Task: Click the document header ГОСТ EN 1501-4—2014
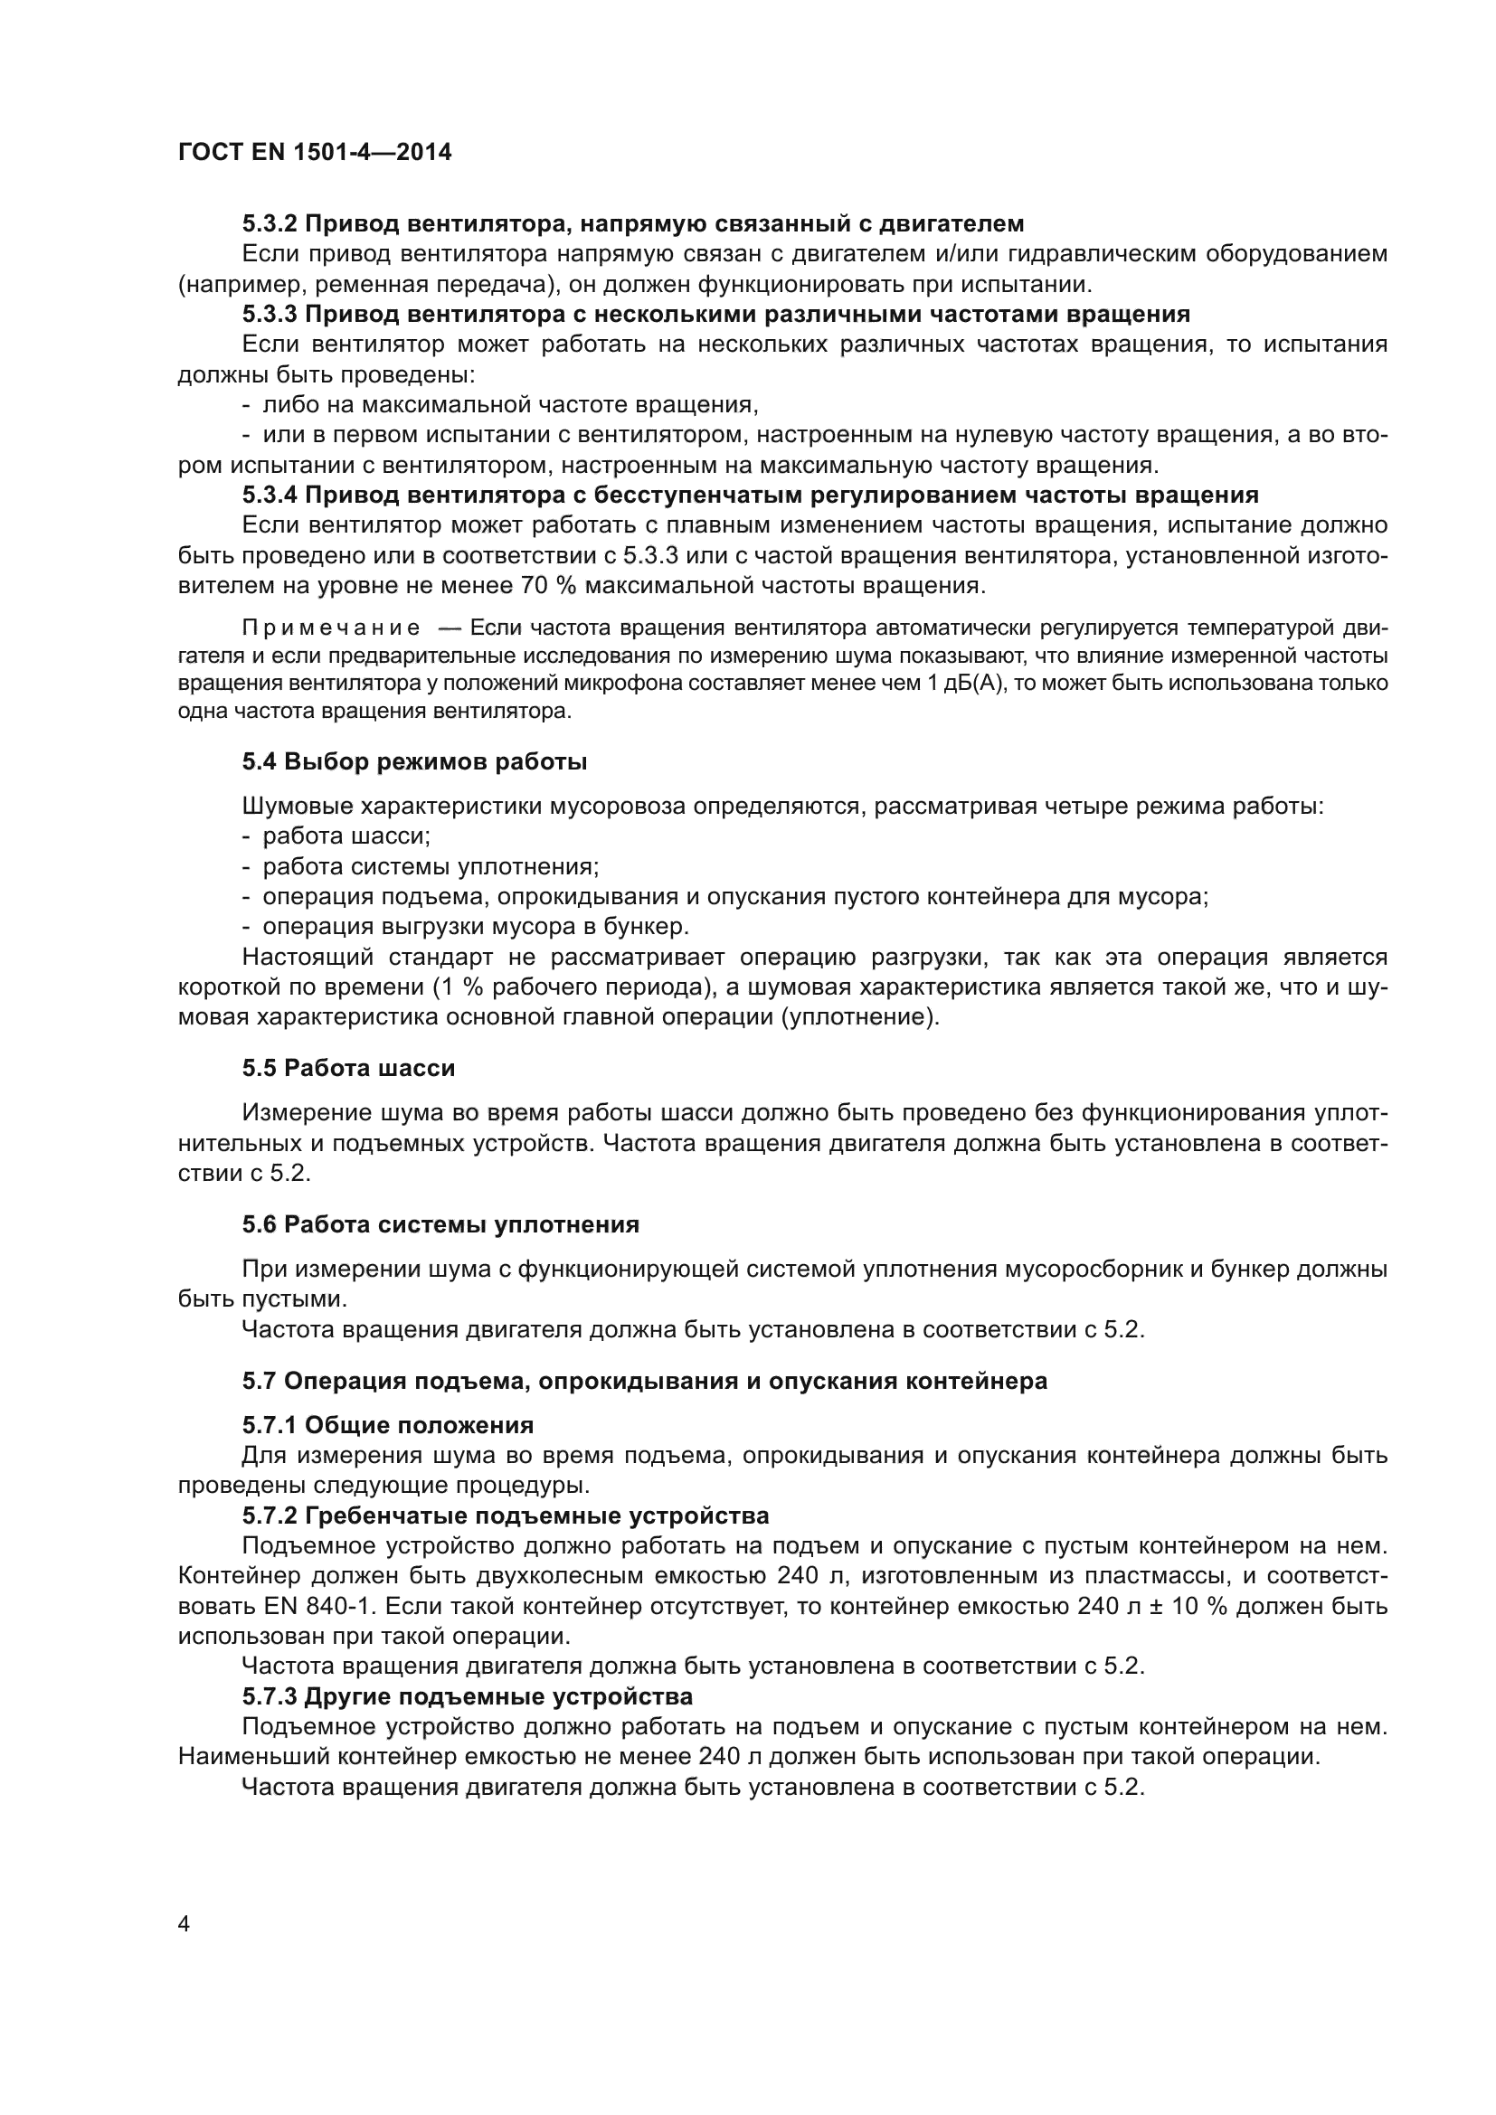(314, 152)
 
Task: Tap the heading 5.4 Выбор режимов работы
(414, 761)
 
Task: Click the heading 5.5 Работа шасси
(348, 1069)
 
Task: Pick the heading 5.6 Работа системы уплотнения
(440, 1224)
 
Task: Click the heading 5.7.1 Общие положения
(388, 1425)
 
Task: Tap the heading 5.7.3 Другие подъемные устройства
(467, 1695)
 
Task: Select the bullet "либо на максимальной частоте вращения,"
(510, 404)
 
